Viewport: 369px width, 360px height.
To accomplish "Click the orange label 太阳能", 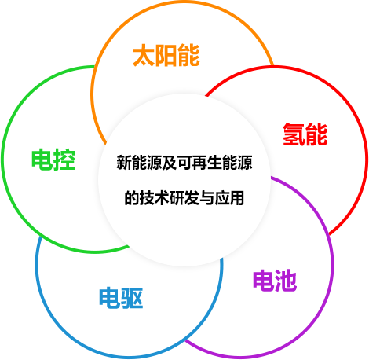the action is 166,55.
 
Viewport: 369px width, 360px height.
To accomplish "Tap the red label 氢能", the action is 305,134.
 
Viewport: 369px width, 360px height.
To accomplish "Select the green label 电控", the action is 53,160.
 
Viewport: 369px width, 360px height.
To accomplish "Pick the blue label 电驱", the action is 121,298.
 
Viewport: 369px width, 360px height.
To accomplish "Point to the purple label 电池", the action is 275,281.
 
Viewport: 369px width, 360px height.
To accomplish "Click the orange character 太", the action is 144,55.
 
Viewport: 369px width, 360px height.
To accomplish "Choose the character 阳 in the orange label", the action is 166,55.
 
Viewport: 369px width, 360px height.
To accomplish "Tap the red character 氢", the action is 294,134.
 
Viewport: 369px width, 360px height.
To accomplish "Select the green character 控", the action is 65,160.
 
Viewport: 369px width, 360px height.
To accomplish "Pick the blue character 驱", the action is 132,298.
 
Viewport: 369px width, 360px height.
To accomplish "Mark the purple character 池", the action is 286,281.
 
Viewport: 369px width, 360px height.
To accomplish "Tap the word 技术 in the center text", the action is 154,197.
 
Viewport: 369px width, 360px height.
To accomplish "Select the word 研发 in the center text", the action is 184,197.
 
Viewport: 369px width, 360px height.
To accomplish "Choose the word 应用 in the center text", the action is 229,197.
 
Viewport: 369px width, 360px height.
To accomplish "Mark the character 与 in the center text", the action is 206,197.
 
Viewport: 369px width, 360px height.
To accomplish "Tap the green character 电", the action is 42,160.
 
